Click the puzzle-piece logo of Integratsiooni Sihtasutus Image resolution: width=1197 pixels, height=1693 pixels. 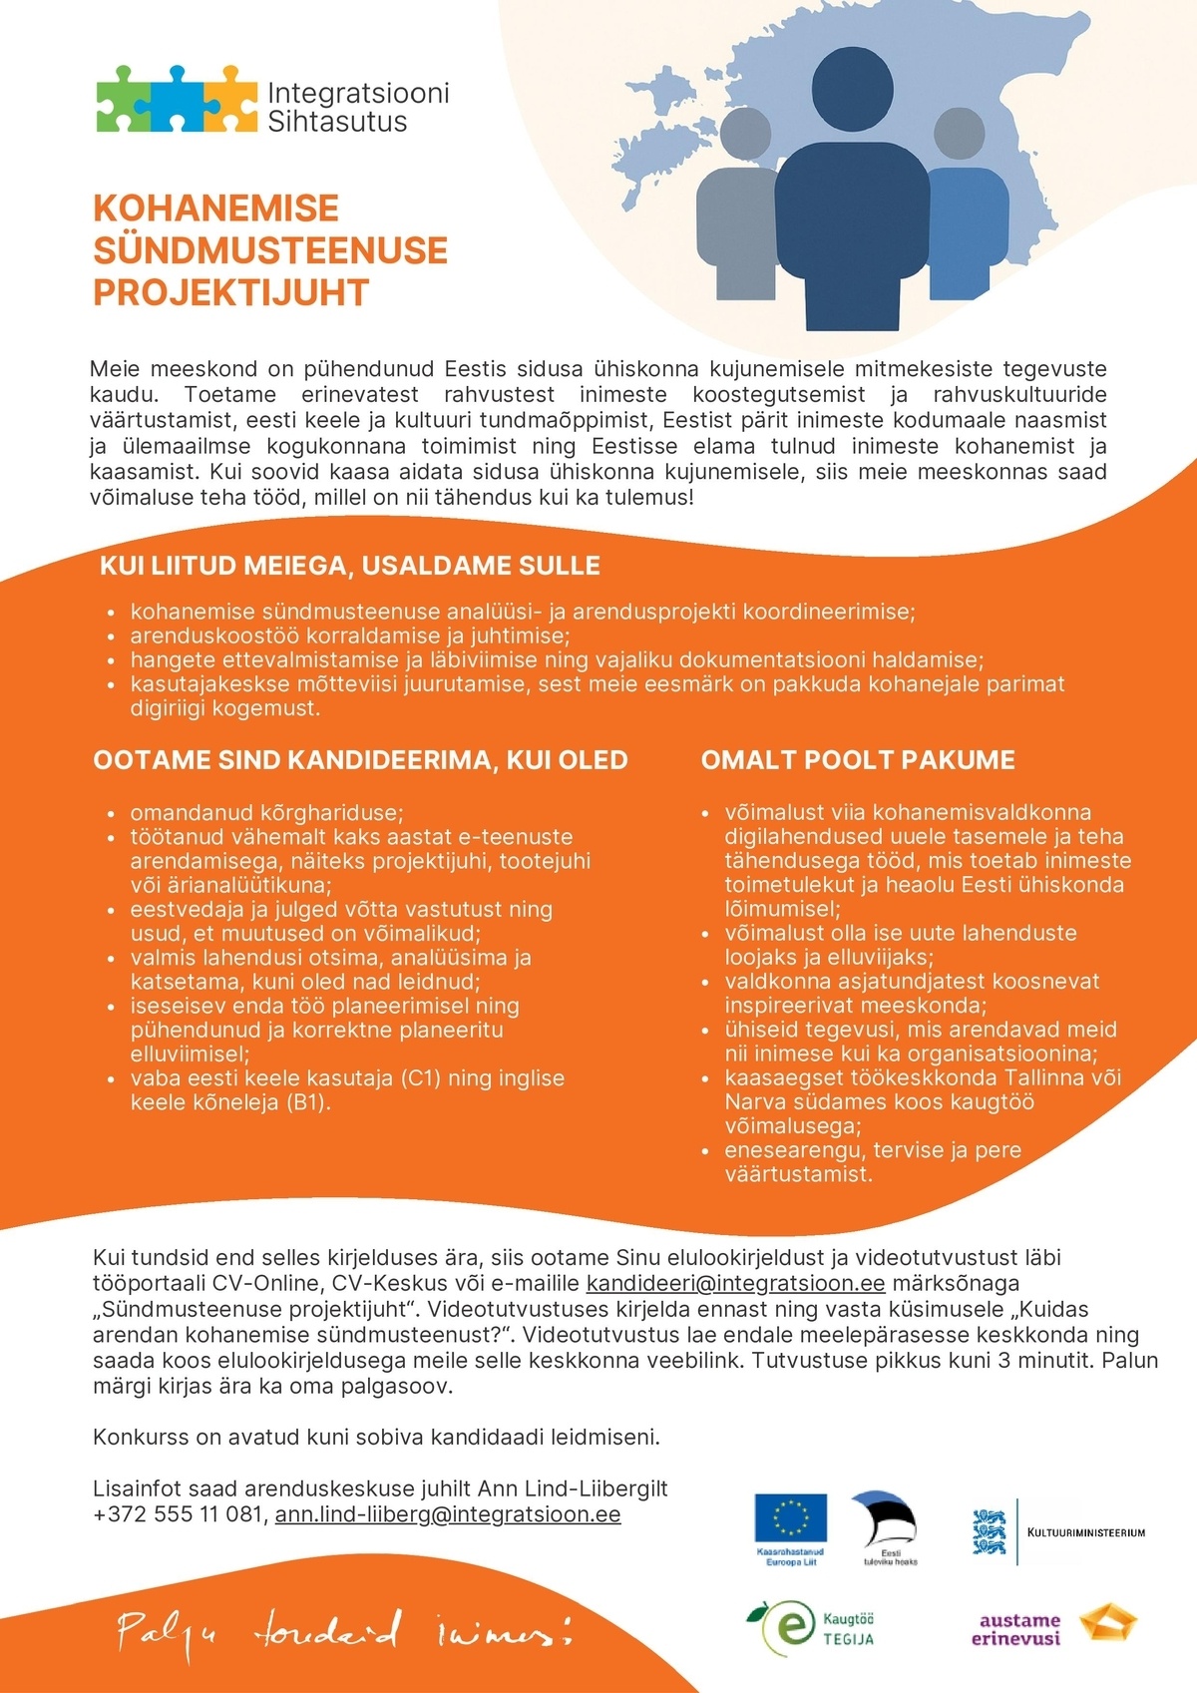pyautogui.click(x=176, y=99)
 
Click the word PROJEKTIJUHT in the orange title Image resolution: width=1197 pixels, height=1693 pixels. pyautogui.click(x=230, y=293)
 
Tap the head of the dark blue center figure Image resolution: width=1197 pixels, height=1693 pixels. pyautogui.click(x=853, y=90)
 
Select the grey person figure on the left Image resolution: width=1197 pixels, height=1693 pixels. pyautogui.click(x=736, y=229)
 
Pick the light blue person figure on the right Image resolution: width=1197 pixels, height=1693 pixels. pyautogui.click(x=968, y=229)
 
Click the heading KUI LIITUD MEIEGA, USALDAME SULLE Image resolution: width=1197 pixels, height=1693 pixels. pyautogui.click(x=349, y=566)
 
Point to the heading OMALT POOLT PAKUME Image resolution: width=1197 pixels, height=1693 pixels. pyautogui.click(x=858, y=760)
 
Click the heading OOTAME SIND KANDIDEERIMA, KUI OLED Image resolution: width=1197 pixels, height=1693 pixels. pyautogui.click(x=360, y=760)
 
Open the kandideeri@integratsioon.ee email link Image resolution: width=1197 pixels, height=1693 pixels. pyautogui.click(x=735, y=1283)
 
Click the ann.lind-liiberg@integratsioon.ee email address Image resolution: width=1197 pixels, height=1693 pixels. pyautogui.click(x=448, y=1514)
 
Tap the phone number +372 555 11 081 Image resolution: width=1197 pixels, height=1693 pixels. pyautogui.click(x=179, y=1514)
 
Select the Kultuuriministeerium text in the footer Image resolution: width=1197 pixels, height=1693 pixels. pyautogui.click(x=1085, y=1532)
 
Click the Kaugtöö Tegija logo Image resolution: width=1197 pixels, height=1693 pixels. pyautogui.click(x=810, y=1627)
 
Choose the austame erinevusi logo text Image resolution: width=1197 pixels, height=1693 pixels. pyautogui.click(x=1018, y=1629)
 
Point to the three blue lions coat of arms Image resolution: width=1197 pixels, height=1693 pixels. pyautogui.click(x=989, y=1531)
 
